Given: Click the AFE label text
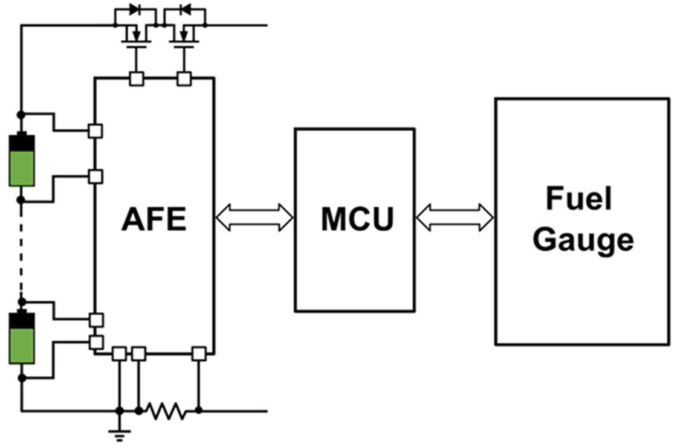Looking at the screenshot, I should pyautogui.click(x=154, y=219).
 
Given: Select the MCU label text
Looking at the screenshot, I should pyautogui.click(x=357, y=219).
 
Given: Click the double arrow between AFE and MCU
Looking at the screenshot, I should pyautogui.click(x=254, y=217).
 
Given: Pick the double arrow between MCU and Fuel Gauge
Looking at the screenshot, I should pyautogui.click(x=455, y=217).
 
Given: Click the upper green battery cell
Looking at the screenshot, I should pyautogui.click(x=22, y=159).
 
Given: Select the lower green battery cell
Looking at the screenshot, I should pyautogui.click(x=22, y=338).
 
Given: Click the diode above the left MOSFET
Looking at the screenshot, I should pyautogui.click(x=134, y=10).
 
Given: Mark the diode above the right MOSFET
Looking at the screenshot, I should pyautogui.click(x=185, y=10).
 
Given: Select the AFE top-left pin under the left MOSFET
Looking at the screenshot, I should pyautogui.click(x=137, y=79).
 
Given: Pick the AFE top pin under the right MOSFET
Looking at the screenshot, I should pyautogui.click(x=184, y=79).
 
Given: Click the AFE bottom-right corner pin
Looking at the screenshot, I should pyautogui.click(x=199, y=353).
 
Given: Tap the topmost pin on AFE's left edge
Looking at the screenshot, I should pyautogui.click(x=95, y=130).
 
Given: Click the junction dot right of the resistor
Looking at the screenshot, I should pyautogui.click(x=199, y=411).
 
